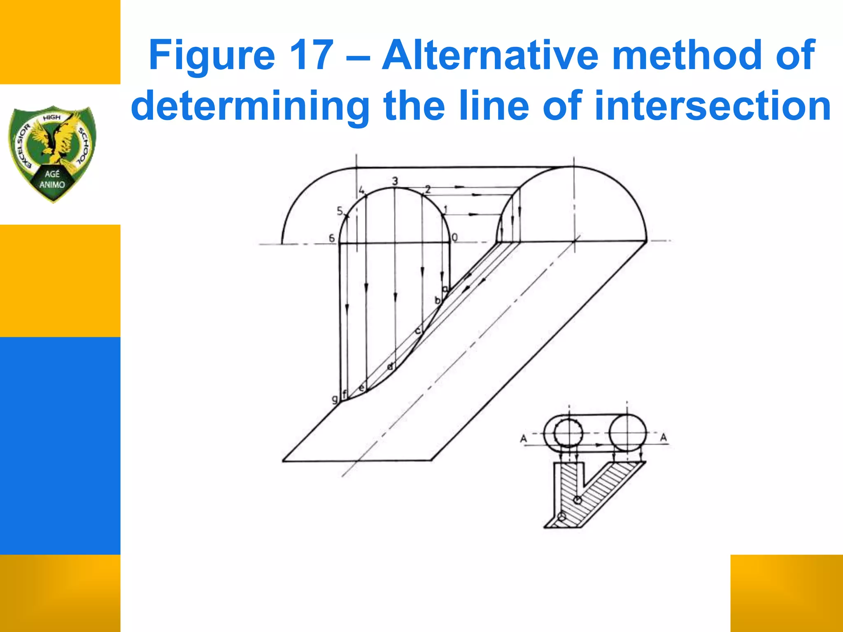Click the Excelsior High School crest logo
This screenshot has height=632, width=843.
(53, 153)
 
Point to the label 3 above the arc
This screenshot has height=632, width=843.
(395, 181)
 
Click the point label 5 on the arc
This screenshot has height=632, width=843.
(340, 211)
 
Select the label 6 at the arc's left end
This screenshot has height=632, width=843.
(332, 238)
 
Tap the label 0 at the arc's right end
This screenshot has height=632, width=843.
(454, 237)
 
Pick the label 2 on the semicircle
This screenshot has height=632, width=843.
(428, 189)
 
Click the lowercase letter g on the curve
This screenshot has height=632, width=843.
(335, 398)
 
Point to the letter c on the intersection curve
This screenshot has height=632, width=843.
(417, 330)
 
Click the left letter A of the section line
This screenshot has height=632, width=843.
(524, 439)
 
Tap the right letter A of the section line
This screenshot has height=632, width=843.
(664, 437)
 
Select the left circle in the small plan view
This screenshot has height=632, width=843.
(568, 433)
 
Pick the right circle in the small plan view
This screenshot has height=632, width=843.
(627, 433)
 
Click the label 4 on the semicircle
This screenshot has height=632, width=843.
(361, 191)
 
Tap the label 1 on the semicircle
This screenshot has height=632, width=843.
(445, 210)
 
